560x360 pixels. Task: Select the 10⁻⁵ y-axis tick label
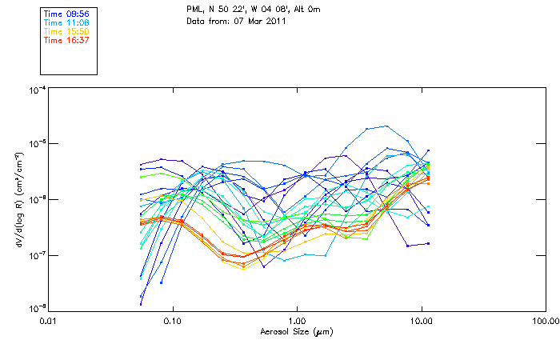[36, 144]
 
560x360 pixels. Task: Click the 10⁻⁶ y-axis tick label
[36, 199]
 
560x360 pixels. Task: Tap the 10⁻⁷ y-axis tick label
[36, 254]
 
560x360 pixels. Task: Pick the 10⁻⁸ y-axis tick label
[36, 308]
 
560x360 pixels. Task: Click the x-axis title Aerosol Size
[297, 330]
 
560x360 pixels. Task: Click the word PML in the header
[193, 7]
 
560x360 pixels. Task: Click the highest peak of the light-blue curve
[387, 126]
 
